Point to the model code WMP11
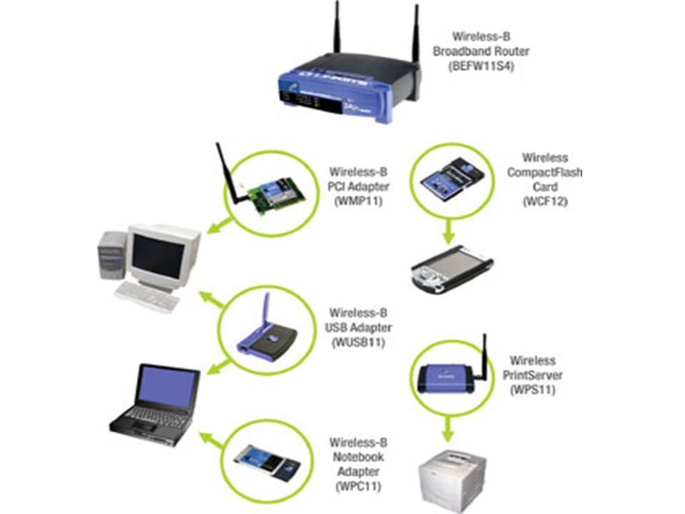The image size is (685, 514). (358, 202)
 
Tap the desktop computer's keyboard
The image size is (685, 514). (147, 296)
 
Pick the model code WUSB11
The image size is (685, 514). (359, 342)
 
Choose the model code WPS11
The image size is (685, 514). (532, 389)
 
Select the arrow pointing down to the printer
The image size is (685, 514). (448, 429)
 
